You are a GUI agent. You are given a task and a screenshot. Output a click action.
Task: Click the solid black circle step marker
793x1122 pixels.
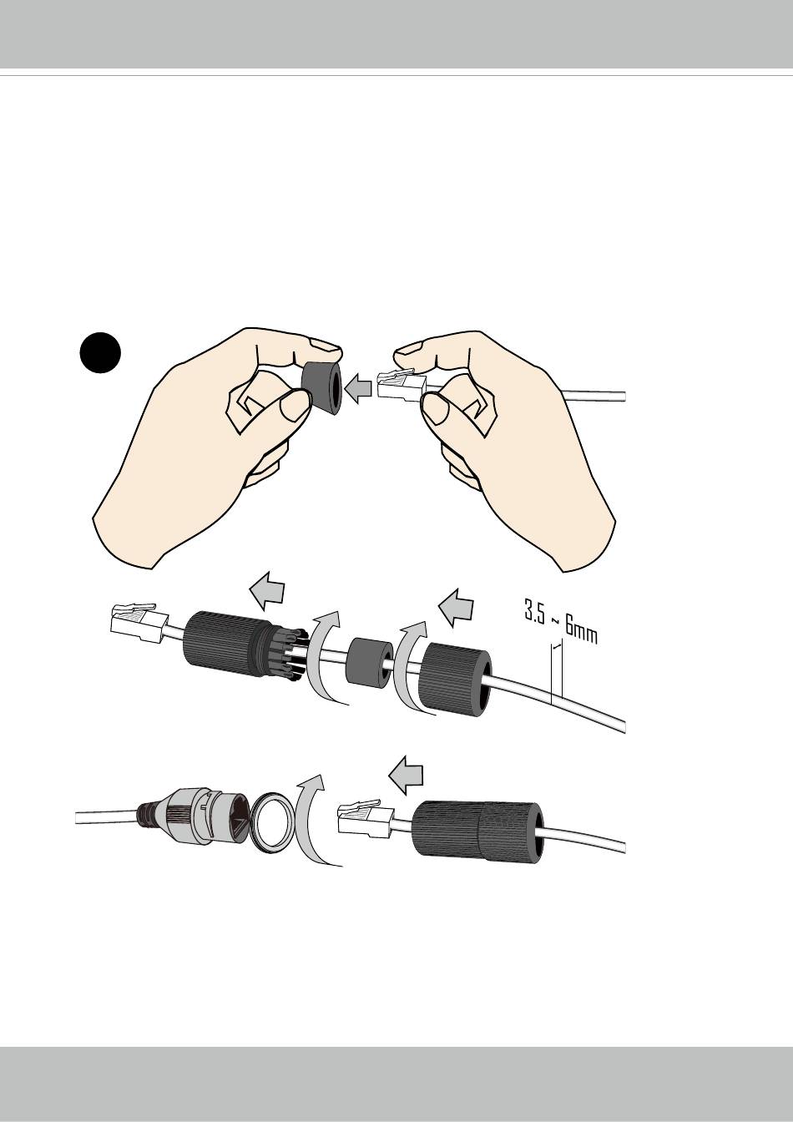click(100, 352)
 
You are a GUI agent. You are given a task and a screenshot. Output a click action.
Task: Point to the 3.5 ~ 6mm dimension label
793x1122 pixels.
click(561, 622)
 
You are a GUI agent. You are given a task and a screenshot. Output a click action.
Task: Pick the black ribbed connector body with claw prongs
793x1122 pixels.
click(245, 647)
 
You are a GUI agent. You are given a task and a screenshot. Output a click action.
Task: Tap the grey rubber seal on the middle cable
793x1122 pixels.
click(368, 662)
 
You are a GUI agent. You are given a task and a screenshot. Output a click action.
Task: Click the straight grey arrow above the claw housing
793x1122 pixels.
click(267, 590)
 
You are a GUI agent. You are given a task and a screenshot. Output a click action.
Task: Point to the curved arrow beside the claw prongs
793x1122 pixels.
click(324, 660)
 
